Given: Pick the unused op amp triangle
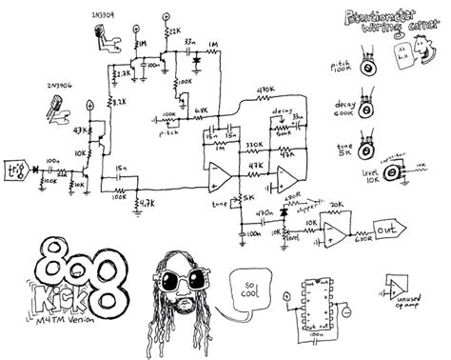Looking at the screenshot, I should pyautogui.click(x=398, y=287).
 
